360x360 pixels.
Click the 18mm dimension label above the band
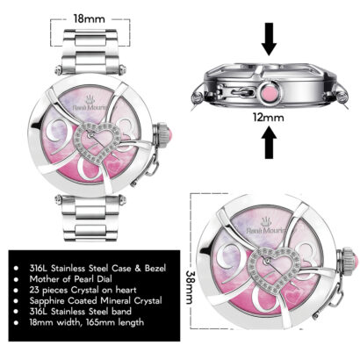(89, 18)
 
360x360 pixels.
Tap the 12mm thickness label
(269, 118)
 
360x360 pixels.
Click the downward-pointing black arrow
(269, 39)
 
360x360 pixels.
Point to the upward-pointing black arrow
(269, 142)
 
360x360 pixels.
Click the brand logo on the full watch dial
(90, 104)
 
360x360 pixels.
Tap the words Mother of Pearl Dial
(70, 279)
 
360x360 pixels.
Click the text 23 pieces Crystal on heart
(83, 290)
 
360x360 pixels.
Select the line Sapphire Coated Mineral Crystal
(96, 300)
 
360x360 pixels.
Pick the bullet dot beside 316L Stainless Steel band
(16, 312)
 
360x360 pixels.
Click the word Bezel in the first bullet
(155, 268)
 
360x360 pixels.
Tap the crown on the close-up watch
(349, 263)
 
